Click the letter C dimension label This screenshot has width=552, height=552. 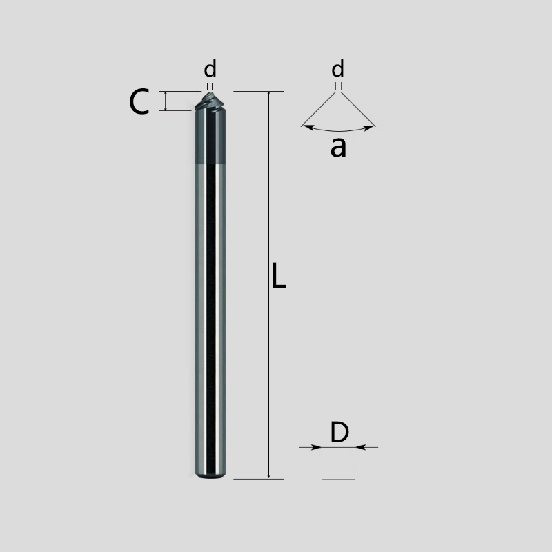point(139,103)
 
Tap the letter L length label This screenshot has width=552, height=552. point(277,276)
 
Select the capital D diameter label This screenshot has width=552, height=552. point(339,433)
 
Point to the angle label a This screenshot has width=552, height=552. point(337,146)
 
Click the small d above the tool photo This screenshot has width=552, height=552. point(210,69)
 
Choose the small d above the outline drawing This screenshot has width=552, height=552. point(337,69)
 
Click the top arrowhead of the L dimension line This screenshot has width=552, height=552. point(268,95)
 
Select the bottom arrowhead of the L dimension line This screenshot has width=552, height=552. point(268,475)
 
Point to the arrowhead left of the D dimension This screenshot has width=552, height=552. point(317,447)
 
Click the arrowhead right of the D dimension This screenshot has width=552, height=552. point(361,447)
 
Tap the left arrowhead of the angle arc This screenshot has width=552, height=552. point(306,126)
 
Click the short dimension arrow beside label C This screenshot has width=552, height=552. point(166,101)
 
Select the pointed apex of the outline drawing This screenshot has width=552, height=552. point(338,92)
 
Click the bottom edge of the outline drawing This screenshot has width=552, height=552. point(339,479)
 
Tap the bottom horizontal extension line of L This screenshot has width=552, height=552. point(259,478)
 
